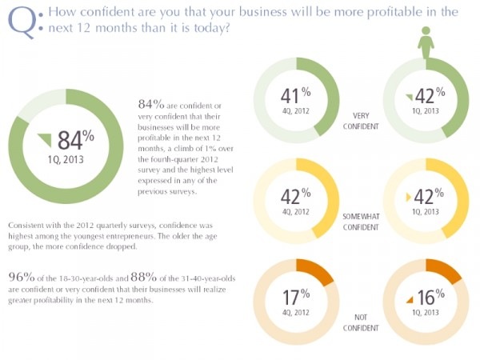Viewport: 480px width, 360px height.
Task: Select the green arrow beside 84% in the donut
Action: pos(46,139)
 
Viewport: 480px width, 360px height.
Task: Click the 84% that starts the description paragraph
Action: pos(150,103)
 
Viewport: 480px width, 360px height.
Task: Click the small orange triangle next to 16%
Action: pos(410,299)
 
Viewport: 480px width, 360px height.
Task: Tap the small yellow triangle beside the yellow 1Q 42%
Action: pos(410,197)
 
